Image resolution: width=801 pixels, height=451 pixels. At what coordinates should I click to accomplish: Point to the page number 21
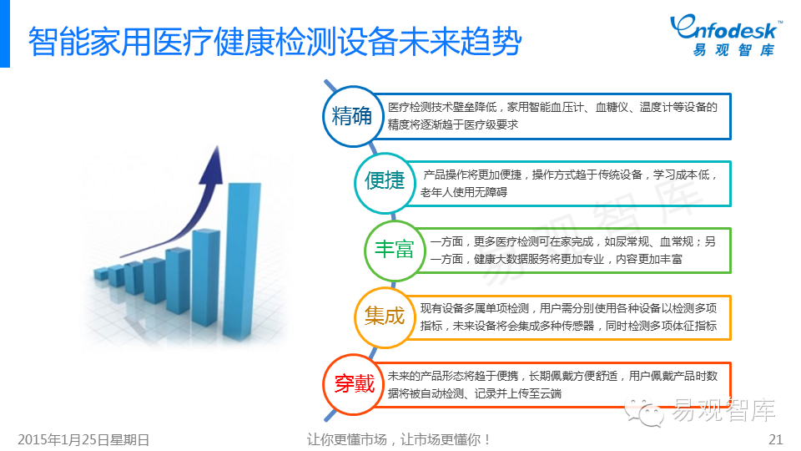[x=775, y=439]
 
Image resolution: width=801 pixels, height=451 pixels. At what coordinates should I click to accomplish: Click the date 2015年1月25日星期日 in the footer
[x=83, y=440]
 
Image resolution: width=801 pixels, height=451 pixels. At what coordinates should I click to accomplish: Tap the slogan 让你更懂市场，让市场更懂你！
[x=399, y=439]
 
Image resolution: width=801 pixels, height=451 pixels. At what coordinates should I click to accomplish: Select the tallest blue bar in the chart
[x=241, y=261]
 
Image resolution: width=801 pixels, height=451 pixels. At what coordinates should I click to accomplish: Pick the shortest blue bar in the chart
[x=102, y=274]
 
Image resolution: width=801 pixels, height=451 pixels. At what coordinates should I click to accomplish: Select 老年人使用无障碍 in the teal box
[x=464, y=192]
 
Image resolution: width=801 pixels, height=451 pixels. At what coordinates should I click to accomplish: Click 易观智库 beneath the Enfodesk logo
[x=733, y=50]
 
